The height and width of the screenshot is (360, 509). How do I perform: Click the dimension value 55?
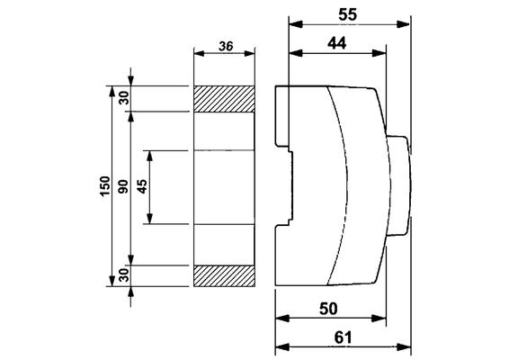(x=347, y=14)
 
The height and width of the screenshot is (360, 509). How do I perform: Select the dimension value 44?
(x=337, y=43)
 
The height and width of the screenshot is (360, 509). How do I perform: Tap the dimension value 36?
(x=226, y=46)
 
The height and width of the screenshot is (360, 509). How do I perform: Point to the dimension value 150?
(x=105, y=185)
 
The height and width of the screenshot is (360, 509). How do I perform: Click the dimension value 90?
(x=124, y=186)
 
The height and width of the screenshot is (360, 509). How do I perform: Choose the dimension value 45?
(x=142, y=186)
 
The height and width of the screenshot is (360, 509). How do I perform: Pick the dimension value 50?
(x=328, y=309)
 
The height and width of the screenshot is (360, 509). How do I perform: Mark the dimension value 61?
(x=344, y=337)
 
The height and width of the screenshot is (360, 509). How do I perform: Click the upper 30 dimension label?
(x=124, y=98)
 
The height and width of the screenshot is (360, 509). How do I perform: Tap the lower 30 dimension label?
(x=124, y=275)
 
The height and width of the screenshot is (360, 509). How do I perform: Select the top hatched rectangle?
(x=224, y=99)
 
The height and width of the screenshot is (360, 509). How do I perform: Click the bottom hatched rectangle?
(x=224, y=275)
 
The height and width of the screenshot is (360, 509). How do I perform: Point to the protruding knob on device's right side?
(x=398, y=185)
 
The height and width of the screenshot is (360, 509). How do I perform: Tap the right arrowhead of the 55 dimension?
(x=403, y=24)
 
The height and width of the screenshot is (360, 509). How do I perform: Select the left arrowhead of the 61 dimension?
(x=281, y=347)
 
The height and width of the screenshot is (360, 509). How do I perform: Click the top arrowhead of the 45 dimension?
(x=149, y=157)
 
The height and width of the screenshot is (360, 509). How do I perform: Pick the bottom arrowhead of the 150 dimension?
(x=112, y=281)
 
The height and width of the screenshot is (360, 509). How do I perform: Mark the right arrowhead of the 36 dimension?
(x=249, y=54)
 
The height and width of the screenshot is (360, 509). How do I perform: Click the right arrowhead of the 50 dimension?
(x=380, y=319)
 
